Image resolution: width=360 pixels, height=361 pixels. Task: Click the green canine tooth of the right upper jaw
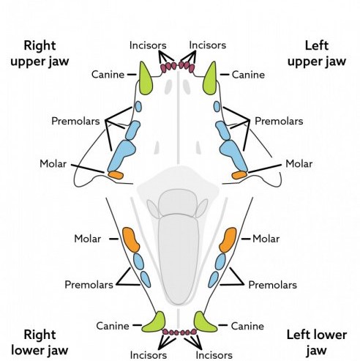pos(146,79)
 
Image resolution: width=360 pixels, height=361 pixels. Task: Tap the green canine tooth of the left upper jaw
pos(210,79)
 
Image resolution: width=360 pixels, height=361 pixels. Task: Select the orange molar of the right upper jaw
pos(116,175)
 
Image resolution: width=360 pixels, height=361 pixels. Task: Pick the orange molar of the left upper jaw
pos(239,175)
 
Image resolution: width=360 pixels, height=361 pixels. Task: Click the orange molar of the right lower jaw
pos(130,240)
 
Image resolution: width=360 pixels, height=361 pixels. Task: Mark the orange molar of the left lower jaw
pos(228,240)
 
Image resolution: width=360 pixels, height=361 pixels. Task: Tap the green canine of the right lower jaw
pos(154,322)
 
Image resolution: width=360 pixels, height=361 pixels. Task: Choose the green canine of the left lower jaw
pos(205,322)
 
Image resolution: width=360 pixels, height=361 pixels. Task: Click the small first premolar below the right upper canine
pos(138,107)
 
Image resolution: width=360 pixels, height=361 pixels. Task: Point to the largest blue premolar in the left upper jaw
pos(233,155)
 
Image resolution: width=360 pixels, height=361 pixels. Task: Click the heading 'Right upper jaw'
pos(40,53)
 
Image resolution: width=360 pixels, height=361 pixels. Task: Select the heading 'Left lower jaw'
pos(317,343)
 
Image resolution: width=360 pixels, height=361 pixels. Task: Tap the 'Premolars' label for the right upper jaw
pos(75,121)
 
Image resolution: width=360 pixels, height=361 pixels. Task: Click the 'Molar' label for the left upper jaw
pos(299,164)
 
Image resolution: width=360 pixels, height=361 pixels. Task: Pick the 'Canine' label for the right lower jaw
pos(113,326)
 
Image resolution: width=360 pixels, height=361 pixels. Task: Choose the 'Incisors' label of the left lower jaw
pos(214,355)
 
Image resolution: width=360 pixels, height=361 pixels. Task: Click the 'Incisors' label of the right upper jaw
pos(148,45)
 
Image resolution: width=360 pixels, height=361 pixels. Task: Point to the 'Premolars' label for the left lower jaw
pos(273,285)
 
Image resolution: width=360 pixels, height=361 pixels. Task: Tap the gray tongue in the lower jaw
pos(179,258)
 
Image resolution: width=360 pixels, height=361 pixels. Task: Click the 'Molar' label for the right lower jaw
pos(87,239)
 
